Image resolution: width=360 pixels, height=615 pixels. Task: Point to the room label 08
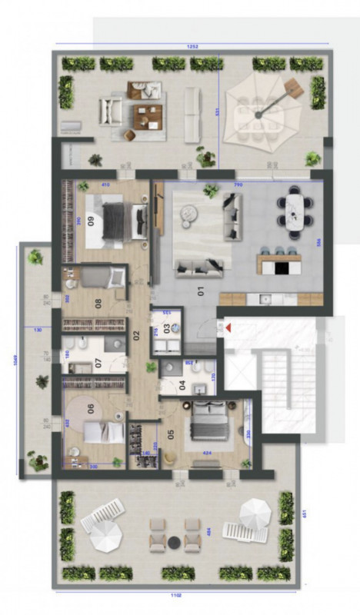[98, 301]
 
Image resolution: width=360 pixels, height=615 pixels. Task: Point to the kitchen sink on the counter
[265, 298]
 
